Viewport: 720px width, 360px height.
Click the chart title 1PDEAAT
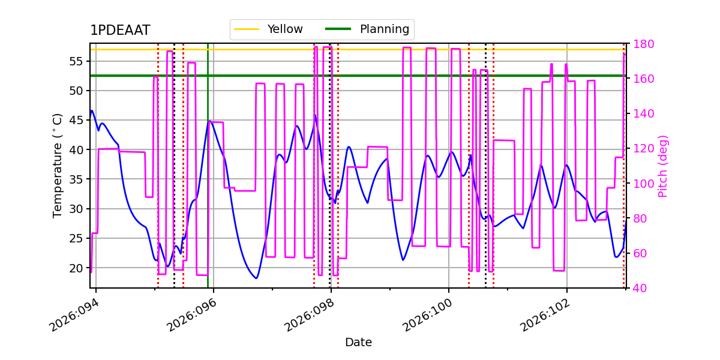tap(120, 31)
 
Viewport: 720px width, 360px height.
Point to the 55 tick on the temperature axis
tap(76, 61)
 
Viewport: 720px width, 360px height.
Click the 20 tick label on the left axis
tap(76, 268)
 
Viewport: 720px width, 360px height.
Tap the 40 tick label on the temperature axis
tap(76, 149)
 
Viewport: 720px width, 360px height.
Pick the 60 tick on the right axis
tap(637, 253)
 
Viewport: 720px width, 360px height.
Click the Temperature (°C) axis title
tap(58, 165)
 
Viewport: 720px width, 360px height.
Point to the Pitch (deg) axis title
tap(663, 166)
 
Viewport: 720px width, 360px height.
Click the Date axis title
tap(358, 343)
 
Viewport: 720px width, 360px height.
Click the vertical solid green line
tap(208, 180)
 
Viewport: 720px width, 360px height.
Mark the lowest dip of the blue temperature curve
tap(256, 278)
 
